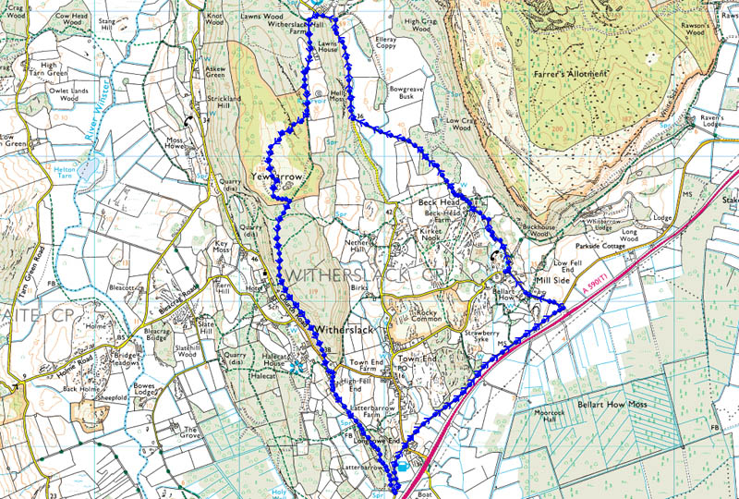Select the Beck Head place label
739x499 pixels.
tap(438, 201)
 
